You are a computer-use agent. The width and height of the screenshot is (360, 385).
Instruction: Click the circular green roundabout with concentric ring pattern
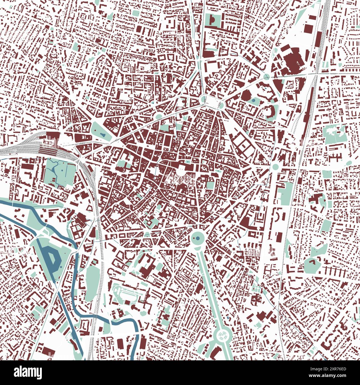pyautogui.click(x=222, y=336)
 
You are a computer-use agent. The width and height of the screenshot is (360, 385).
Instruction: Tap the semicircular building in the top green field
pyautogui.click(x=212, y=19)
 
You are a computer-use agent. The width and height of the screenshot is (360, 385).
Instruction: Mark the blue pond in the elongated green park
pyautogui.click(x=102, y=135)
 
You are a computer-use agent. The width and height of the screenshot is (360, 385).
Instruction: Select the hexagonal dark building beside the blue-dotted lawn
pyautogui.click(x=245, y=96)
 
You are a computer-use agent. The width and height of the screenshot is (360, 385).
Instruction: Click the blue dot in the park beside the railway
pyautogui.click(x=63, y=169)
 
